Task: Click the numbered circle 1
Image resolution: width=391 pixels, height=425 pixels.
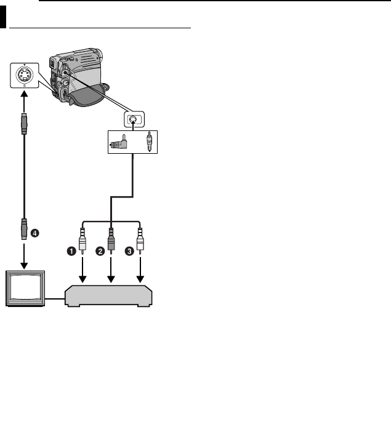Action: click(x=71, y=251)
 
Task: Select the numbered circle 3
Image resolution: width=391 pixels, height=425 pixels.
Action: click(x=129, y=251)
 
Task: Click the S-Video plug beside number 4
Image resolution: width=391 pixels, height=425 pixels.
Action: click(x=23, y=229)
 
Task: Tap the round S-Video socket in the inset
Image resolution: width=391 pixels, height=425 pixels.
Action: click(x=24, y=76)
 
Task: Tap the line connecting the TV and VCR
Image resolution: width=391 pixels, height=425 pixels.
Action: click(x=55, y=300)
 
